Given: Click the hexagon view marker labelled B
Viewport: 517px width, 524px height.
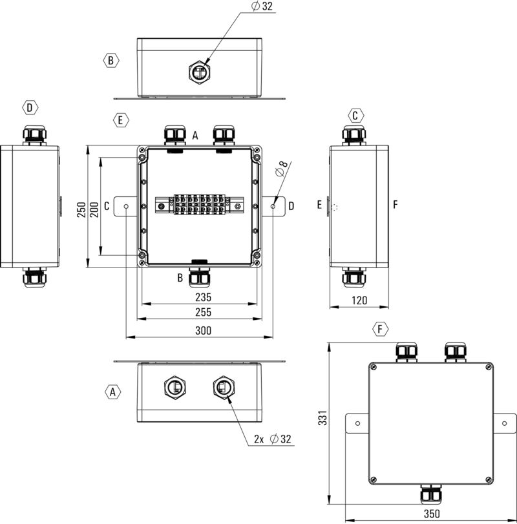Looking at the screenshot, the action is [111, 60].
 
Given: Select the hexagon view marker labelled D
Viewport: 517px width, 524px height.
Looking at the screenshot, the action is [30, 107].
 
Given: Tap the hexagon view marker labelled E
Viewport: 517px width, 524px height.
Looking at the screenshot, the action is [120, 120].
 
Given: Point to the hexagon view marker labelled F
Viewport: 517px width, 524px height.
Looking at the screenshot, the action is [382, 330].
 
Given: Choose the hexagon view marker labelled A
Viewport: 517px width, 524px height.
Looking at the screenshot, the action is [112, 392].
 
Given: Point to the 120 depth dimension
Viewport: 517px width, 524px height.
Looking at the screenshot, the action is [359, 300].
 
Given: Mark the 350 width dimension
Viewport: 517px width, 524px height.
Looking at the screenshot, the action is [432, 514].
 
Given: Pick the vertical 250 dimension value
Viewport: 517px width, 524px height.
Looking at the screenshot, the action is [81, 209].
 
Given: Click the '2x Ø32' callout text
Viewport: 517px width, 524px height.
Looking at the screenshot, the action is [273, 439].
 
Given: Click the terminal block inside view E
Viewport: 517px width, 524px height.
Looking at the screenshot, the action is [198, 204].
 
